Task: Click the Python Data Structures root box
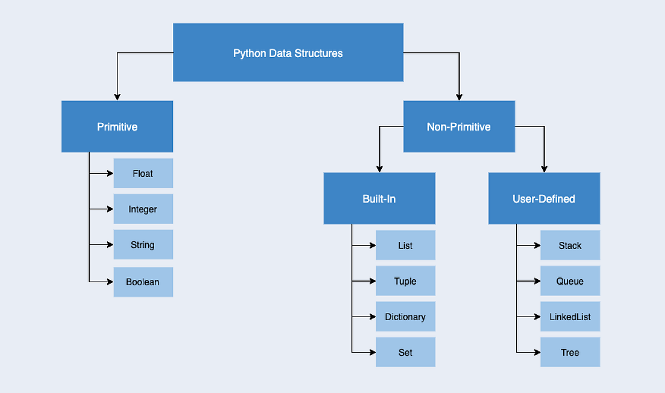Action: coord(288,53)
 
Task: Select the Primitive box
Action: coord(117,126)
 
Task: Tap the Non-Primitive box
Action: coord(458,126)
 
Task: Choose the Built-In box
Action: coord(379,199)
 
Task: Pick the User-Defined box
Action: coord(543,199)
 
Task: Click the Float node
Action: coord(143,173)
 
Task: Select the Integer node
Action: coord(143,209)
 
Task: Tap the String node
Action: coord(143,245)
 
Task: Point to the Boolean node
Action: coord(143,282)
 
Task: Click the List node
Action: coord(405,246)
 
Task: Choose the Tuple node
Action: coord(405,281)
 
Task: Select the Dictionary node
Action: coord(405,317)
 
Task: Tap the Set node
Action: coord(405,352)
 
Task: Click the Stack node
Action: coord(570,246)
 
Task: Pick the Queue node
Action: coord(570,281)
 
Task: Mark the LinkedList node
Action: coord(570,317)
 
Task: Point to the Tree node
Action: coord(570,352)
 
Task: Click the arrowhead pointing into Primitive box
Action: coord(117,97)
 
